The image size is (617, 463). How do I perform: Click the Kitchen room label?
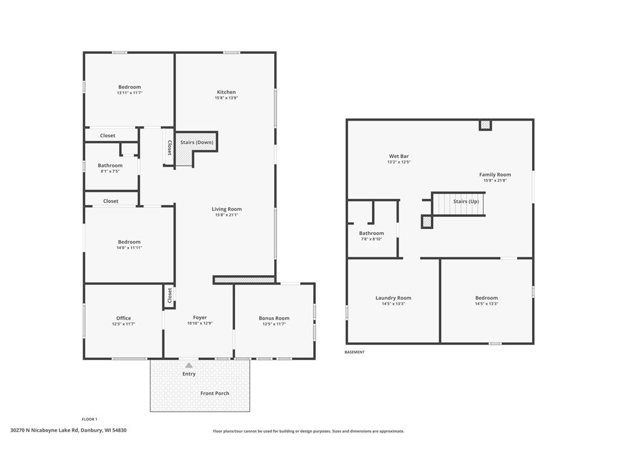[227, 92]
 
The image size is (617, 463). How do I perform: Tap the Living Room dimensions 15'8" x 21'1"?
[227, 215]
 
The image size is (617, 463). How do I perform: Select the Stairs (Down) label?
[197, 142]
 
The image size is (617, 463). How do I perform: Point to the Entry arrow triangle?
[189, 365]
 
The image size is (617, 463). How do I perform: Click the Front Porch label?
[215, 393]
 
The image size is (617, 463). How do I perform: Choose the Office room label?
[124, 318]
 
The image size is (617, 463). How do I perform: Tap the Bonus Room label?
[274, 318]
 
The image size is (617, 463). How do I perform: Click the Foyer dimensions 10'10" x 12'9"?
[200, 323]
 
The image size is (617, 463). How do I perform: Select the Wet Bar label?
[399, 156]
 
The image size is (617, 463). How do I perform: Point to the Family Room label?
[495, 175]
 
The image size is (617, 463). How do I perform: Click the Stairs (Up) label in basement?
[466, 201]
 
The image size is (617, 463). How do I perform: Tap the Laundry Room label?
[393, 298]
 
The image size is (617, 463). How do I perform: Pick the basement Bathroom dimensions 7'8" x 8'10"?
[371, 239]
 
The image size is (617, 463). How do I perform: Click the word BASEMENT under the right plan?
[354, 352]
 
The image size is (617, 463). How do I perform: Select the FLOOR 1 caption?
[89, 420]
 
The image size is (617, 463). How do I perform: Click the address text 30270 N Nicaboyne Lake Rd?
[45, 430]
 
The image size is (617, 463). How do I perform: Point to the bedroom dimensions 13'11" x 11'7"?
[130, 93]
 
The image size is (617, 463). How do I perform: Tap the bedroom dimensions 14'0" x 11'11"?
[129, 248]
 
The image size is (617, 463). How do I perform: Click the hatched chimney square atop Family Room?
[486, 125]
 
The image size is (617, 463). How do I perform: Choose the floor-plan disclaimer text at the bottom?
[308, 431]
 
